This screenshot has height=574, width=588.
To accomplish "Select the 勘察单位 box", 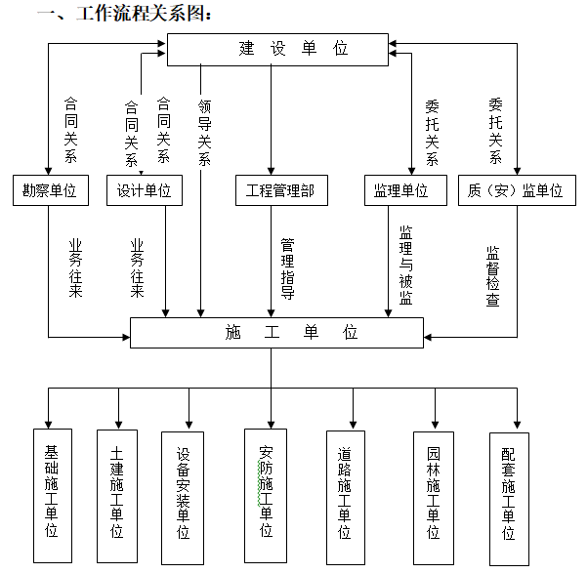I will tap(49, 190).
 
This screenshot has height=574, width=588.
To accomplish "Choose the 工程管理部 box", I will tap(274, 190).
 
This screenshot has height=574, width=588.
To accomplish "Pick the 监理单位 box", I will tap(401, 190).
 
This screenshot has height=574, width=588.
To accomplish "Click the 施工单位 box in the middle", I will tap(276, 333).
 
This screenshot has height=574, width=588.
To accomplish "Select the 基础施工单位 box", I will tap(53, 495).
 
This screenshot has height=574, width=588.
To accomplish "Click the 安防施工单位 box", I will tap(265, 495).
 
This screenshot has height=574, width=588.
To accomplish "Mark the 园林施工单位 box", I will tap(434, 496).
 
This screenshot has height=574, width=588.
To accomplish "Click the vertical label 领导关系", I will tap(204, 131).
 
